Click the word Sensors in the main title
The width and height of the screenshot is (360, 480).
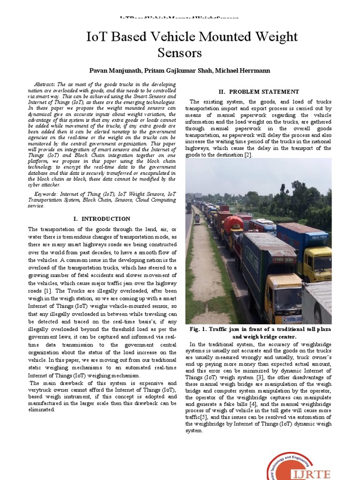click(x=180, y=52)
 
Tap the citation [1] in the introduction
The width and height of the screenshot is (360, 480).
click(x=47, y=291)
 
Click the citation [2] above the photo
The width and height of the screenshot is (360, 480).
click(x=247, y=155)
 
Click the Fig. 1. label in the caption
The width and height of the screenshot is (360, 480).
click(x=198, y=330)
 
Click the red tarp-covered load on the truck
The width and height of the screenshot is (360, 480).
click(x=233, y=225)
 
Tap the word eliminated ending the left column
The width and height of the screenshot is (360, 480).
click(x=42, y=409)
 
